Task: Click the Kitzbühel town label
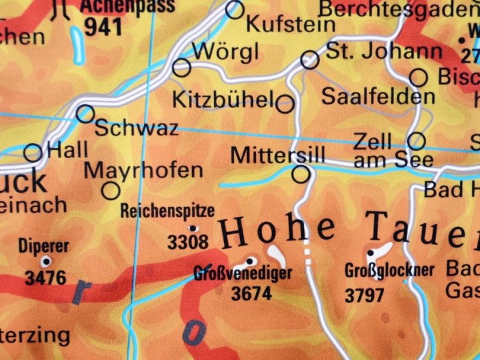click(x=224, y=100)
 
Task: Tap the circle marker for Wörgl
click(x=182, y=67)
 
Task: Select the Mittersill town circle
click(x=301, y=173)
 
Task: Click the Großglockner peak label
click(x=389, y=270)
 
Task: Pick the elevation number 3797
click(x=364, y=295)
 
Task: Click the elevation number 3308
click(x=188, y=242)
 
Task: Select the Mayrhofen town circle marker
click(x=111, y=191)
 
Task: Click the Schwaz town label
click(x=136, y=128)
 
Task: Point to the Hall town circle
click(x=33, y=153)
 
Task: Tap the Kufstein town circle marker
click(x=235, y=10)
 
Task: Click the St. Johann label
click(x=384, y=51)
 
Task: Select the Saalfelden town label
click(x=378, y=97)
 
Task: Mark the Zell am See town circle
click(x=417, y=141)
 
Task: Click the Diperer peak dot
click(x=45, y=261)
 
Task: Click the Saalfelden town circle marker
click(x=418, y=78)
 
